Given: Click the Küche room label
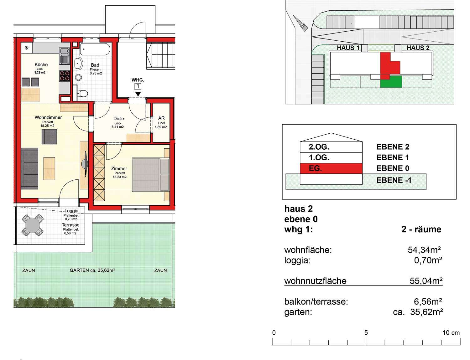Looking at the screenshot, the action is click(x=41, y=64).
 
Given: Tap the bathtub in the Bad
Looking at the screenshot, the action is click(x=95, y=49).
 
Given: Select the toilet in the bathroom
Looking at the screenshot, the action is click(x=82, y=93).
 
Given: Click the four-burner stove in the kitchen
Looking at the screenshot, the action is click(x=65, y=76).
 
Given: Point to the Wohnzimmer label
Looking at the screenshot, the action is click(x=48, y=117).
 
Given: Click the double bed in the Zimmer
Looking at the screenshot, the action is click(x=150, y=175).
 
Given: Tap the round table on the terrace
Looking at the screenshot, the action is click(x=33, y=225).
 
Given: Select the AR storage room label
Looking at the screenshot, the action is click(x=161, y=118).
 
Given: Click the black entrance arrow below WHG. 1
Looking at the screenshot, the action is click(x=138, y=94).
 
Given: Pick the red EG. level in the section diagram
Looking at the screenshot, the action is click(x=331, y=168).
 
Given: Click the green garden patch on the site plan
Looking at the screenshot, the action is click(x=391, y=82).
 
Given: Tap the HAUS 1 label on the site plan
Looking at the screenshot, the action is click(x=348, y=48).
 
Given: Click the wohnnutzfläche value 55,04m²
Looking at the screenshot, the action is click(x=426, y=281).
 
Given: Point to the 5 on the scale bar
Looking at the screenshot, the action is click(x=366, y=332).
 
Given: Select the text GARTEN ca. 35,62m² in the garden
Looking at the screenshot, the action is click(x=92, y=270).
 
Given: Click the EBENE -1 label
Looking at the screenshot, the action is click(x=394, y=180).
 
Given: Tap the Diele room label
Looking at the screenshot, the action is click(x=118, y=119).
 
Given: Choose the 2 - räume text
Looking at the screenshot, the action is click(x=421, y=229).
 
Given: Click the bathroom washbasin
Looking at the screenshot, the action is click(x=78, y=64).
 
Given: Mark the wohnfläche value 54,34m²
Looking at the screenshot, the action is click(x=424, y=250).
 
